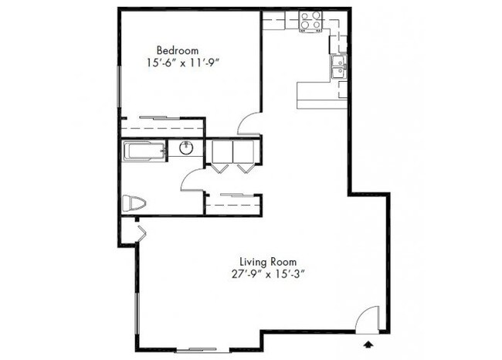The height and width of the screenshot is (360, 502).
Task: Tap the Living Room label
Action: [267, 262]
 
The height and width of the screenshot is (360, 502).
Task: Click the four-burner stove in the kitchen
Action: [310, 21]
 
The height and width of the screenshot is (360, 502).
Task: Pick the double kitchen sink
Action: [337, 68]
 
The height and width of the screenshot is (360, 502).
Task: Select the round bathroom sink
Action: [185, 148]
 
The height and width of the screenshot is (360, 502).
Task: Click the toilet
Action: [134, 204]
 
